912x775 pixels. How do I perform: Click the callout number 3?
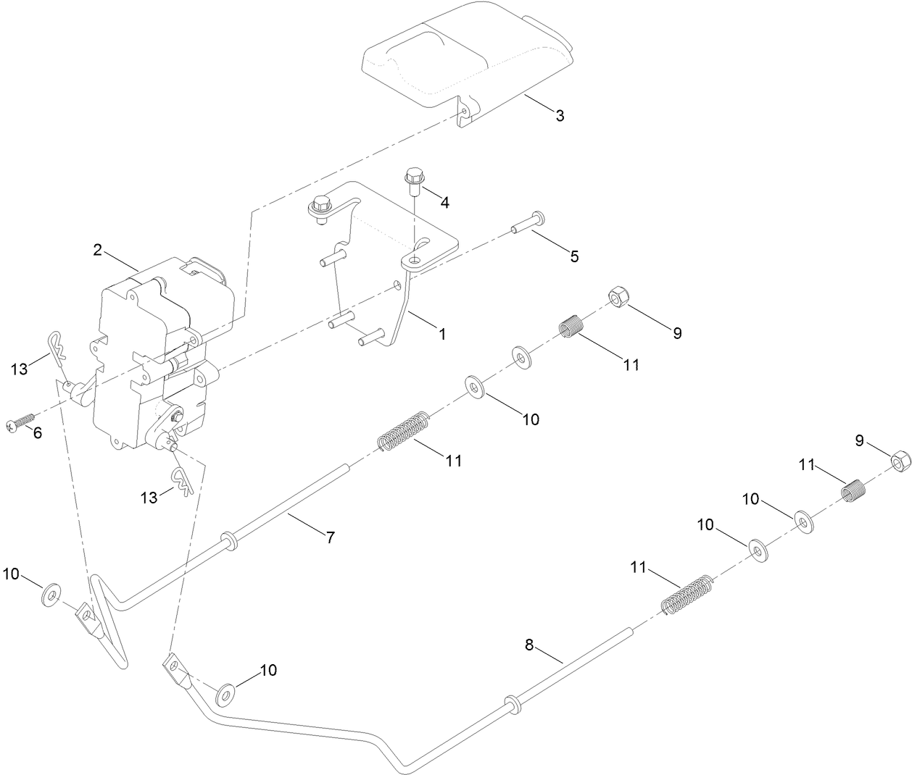[560, 116]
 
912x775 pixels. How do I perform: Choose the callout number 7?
[330, 537]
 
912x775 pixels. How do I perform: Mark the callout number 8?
[529, 645]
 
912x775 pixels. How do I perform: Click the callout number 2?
[98, 250]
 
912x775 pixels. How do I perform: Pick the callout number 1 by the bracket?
[442, 335]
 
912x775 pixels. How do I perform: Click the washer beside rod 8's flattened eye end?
[225, 695]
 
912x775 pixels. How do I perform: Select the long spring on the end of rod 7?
[405, 432]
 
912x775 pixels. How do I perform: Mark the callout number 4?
[444, 203]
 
